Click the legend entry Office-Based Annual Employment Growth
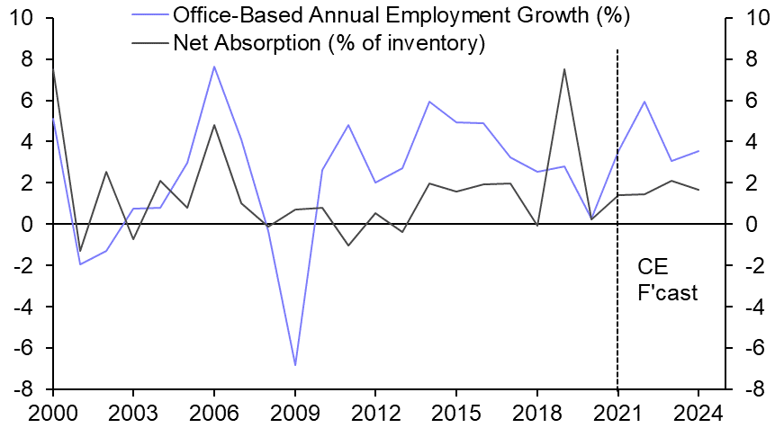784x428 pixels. (x=401, y=16)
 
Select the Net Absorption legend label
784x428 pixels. (x=329, y=42)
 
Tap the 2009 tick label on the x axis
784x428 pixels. (x=295, y=415)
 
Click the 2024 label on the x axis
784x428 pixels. (x=698, y=415)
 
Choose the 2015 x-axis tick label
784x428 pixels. (x=456, y=415)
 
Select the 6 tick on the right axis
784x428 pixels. (x=752, y=101)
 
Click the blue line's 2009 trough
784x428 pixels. (x=295, y=365)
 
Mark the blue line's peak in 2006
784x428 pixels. (x=214, y=66)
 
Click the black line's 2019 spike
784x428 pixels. (x=563, y=68)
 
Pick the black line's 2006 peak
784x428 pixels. (x=214, y=125)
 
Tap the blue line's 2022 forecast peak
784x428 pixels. (x=644, y=102)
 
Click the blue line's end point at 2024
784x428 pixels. (x=698, y=151)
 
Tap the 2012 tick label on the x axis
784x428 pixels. (x=375, y=415)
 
